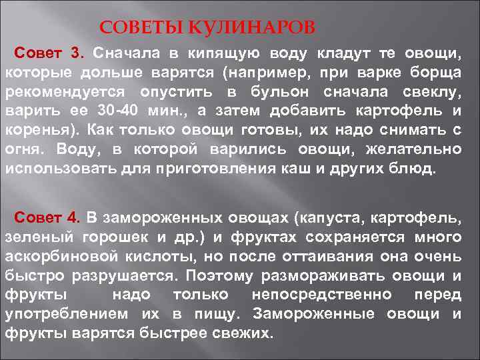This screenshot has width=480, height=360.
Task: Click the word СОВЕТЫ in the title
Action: point(140,29)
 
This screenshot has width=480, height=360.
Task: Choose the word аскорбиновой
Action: point(63,256)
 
